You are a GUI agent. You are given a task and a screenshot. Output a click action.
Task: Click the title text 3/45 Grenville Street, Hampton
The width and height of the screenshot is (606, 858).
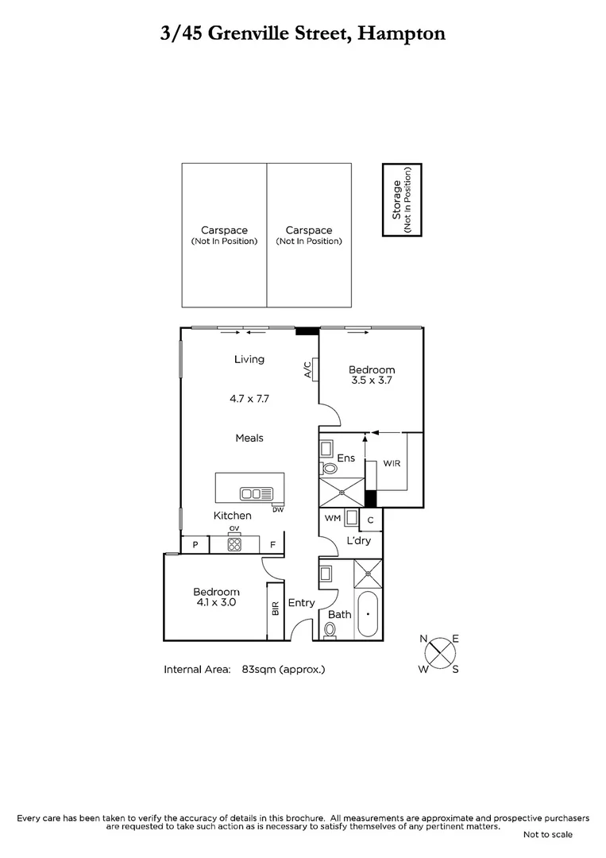[303, 33]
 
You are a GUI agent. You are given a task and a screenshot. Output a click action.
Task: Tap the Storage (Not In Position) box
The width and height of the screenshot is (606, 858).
[402, 199]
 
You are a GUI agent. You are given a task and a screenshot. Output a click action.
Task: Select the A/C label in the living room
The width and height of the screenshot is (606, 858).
[307, 370]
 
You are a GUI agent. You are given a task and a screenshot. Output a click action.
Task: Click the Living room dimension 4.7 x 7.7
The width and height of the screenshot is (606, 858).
[249, 399]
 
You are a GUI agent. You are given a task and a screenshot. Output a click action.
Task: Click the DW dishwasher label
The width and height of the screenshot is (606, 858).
[277, 509]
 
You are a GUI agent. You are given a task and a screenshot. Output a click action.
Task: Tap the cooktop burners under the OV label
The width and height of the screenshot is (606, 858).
[234, 544]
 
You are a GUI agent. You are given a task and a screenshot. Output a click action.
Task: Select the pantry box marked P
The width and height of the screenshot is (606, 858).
[195, 545]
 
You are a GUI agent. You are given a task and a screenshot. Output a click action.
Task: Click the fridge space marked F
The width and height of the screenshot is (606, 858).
[272, 545]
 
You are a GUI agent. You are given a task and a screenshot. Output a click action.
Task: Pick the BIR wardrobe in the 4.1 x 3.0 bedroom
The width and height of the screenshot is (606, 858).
[276, 609]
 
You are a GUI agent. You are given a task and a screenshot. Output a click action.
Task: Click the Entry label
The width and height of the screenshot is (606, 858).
[302, 603]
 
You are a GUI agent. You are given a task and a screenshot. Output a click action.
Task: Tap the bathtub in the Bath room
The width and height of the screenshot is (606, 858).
[367, 614]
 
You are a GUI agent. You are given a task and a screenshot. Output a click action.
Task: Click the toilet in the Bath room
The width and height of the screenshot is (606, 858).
[330, 629]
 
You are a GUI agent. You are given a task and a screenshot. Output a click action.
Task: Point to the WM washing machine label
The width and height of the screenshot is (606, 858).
[333, 518]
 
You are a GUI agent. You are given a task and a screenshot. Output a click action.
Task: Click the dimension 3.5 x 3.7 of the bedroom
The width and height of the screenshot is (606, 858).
[372, 381]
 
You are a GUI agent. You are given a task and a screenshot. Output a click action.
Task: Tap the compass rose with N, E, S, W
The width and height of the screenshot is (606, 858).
[440, 653]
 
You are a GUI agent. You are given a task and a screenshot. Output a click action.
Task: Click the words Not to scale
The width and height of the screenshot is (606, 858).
[547, 834]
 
